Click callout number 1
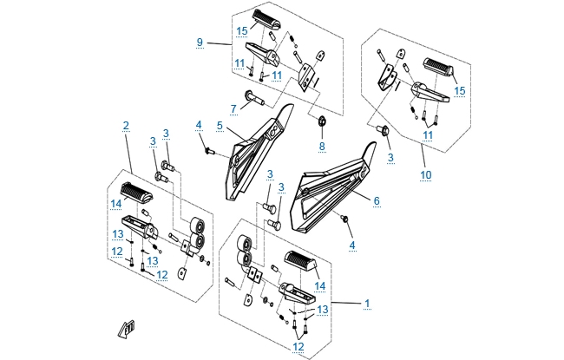(x=368, y=304)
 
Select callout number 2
(x=127, y=126)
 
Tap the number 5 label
(x=220, y=126)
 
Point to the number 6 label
(x=377, y=200)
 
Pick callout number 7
(x=233, y=108)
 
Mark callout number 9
(x=200, y=42)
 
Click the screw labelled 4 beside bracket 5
(x=209, y=151)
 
